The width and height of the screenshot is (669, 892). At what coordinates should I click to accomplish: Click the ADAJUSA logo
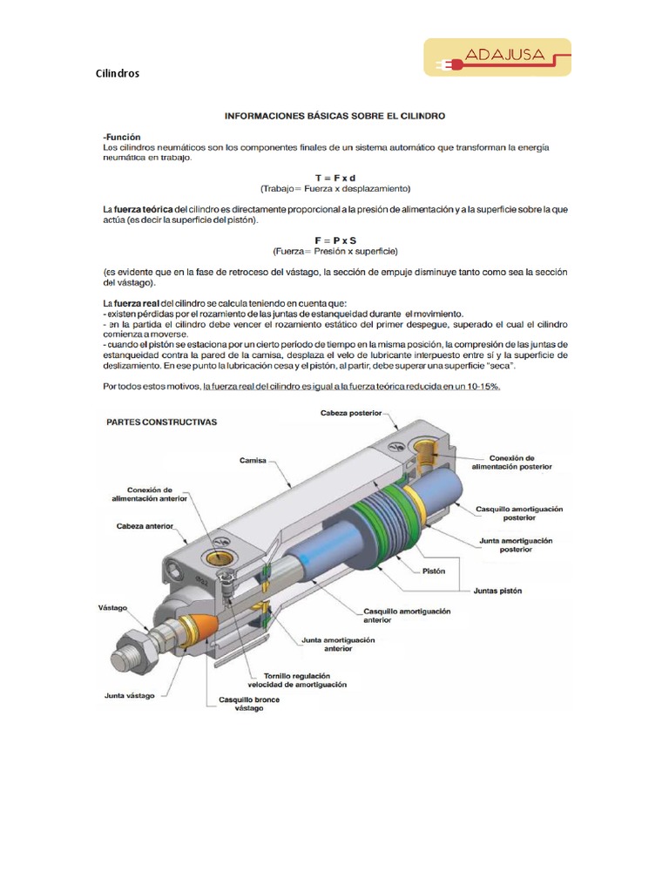coord(497,57)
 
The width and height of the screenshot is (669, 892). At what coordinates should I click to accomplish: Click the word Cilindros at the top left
coord(117,74)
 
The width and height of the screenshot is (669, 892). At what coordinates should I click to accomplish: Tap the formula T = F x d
coord(335,178)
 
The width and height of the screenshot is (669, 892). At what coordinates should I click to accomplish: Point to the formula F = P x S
coord(335,240)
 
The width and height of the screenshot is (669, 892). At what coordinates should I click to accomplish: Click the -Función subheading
coord(122,137)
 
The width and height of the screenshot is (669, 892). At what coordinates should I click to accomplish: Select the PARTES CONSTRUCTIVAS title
coord(162,421)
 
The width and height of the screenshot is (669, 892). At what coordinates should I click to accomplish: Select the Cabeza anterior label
coord(145,527)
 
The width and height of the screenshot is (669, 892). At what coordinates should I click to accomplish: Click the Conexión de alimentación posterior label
coord(511,462)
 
